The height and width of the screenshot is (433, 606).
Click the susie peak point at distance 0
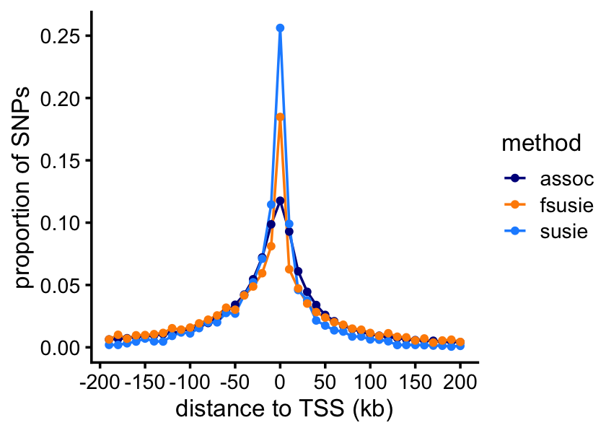pos(280,28)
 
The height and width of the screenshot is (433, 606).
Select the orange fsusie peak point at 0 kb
pos(280,116)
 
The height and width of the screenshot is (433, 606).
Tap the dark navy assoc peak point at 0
pos(280,201)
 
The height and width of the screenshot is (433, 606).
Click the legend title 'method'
pos(542,144)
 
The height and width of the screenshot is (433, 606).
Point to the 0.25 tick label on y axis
pos(61,36)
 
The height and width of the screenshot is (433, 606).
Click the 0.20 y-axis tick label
pos(61,98)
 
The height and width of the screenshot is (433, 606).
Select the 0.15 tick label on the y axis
pos(61,160)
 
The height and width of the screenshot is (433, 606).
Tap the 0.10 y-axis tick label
pos(61,222)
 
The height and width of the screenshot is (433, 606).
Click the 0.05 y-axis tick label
pos(61,285)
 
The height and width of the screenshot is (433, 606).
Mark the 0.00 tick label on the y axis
pos(61,347)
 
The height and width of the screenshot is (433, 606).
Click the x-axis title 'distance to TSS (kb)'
pos(284,409)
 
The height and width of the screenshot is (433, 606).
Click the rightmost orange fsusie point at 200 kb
pos(460,342)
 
